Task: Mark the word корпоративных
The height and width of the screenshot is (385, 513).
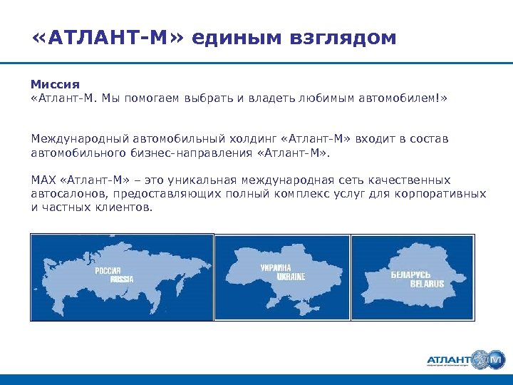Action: tap(445, 193)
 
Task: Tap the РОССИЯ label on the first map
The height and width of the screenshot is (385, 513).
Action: tap(110, 271)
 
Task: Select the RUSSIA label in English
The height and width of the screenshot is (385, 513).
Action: tap(121, 279)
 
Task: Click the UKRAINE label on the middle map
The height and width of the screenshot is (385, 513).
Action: tap(291, 276)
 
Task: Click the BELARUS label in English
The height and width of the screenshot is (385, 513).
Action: tap(427, 284)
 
